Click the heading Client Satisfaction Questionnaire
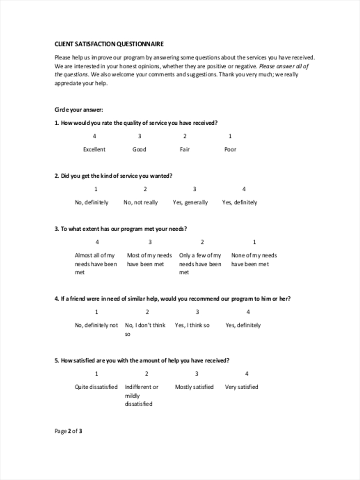[109, 44]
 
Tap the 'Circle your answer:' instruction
[79, 110]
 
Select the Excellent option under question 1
[94, 149]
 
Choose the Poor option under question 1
[230, 149]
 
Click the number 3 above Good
[140, 136]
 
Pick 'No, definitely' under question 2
[92, 202]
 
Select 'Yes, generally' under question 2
[190, 202]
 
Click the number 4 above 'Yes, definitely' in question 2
[244, 189]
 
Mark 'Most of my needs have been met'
[149, 260]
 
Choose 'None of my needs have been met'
[254, 260]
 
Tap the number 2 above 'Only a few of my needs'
[202, 242]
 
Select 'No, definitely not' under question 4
[96, 325]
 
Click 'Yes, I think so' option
[192, 325]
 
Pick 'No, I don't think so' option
[145, 329]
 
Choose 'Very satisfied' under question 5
[242, 387]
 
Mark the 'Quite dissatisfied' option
[96, 387]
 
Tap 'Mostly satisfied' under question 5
[194, 387]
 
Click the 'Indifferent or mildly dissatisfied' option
[141, 395]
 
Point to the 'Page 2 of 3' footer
[68, 431]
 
